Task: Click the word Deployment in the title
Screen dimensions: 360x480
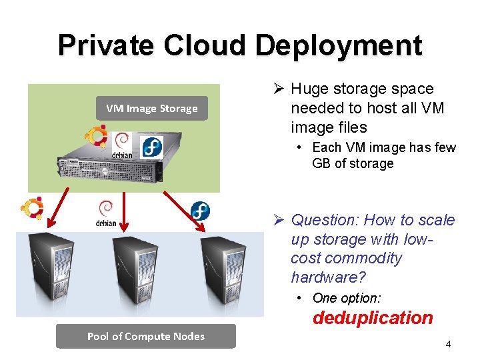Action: pyautogui.click(x=338, y=45)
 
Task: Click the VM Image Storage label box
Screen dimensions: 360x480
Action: pyautogui.click(x=151, y=108)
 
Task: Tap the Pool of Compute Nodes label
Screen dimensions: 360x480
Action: pyautogui.click(x=145, y=336)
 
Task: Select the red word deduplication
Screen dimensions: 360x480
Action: pyautogui.click(x=373, y=318)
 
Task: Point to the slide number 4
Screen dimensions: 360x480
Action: pyautogui.click(x=448, y=344)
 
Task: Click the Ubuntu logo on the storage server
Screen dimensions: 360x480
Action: pyautogui.click(x=98, y=135)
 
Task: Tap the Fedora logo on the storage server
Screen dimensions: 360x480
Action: pyautogui.click(x=153, y=145)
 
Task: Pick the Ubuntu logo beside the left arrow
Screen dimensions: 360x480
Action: pyautogui.click(x=32, y=207)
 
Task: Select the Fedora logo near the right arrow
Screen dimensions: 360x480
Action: pyautogui.click(x=199, y=211)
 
